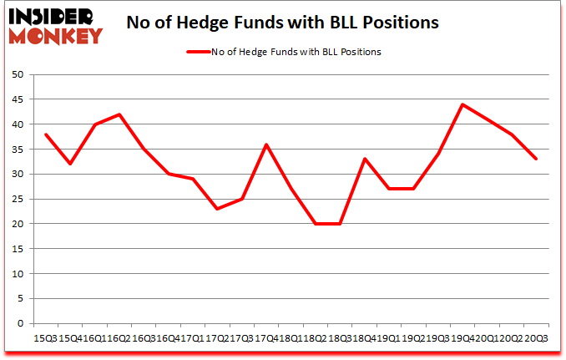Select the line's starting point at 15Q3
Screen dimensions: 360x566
click(46, 134)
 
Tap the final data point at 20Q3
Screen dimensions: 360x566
click(535, 159)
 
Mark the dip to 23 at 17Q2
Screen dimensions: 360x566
click(217, 209)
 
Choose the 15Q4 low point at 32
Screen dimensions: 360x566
click(70, 164)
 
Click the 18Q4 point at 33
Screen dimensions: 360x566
click(364, 159)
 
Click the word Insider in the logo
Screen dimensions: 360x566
click(53, 17)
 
